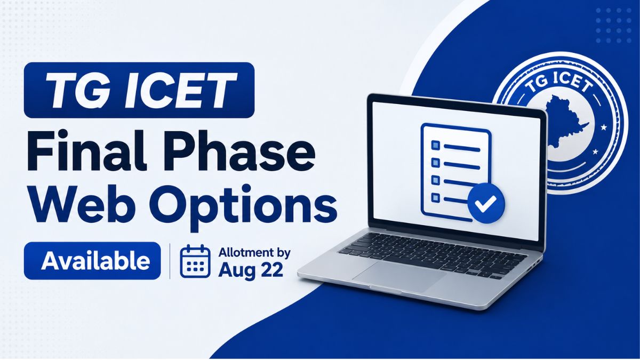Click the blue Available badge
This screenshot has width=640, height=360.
click(92, 261)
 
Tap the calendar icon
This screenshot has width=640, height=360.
click(195, 261)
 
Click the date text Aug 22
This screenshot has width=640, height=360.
click(251, 270)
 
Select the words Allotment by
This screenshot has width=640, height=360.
click(254, 253)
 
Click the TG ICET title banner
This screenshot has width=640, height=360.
click(139, 90)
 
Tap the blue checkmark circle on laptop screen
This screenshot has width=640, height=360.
click(486, 203)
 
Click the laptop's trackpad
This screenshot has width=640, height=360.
click(399, 275)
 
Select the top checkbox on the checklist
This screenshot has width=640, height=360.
click(436, 145)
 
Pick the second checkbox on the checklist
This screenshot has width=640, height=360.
click(436, 163)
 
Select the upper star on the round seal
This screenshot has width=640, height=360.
click(603, 127)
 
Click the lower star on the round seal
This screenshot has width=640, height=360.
click(595, 151)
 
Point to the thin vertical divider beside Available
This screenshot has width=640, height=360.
click(170, 261)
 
